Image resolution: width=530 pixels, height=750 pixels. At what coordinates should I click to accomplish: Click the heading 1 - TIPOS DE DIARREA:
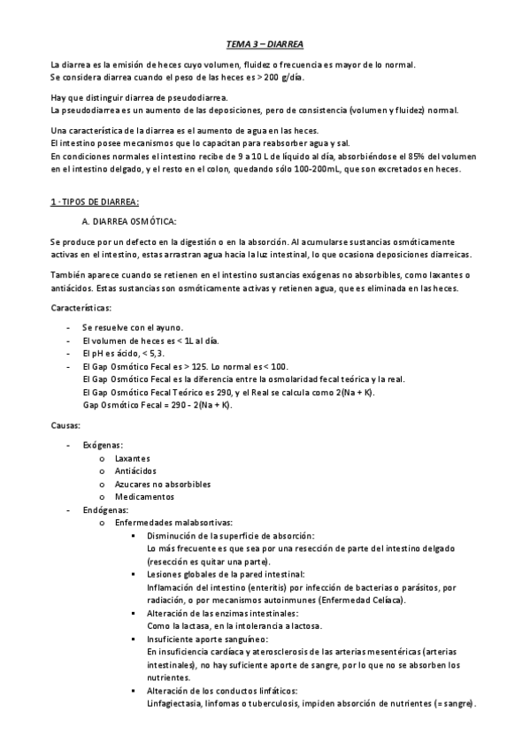[95, 202]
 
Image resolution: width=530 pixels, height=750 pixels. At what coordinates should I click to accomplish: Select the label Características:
[81, 308]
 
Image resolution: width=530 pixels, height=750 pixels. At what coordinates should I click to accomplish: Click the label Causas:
[65, 425]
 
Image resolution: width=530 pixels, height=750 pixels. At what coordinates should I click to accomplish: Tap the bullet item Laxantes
[133, 458]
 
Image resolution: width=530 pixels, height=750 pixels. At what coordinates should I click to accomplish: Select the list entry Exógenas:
[103, 445]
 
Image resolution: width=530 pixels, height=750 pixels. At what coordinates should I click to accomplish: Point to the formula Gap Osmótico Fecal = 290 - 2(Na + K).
[157, 405]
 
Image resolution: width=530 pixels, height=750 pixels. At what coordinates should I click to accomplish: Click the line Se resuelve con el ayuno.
[132, 327]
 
